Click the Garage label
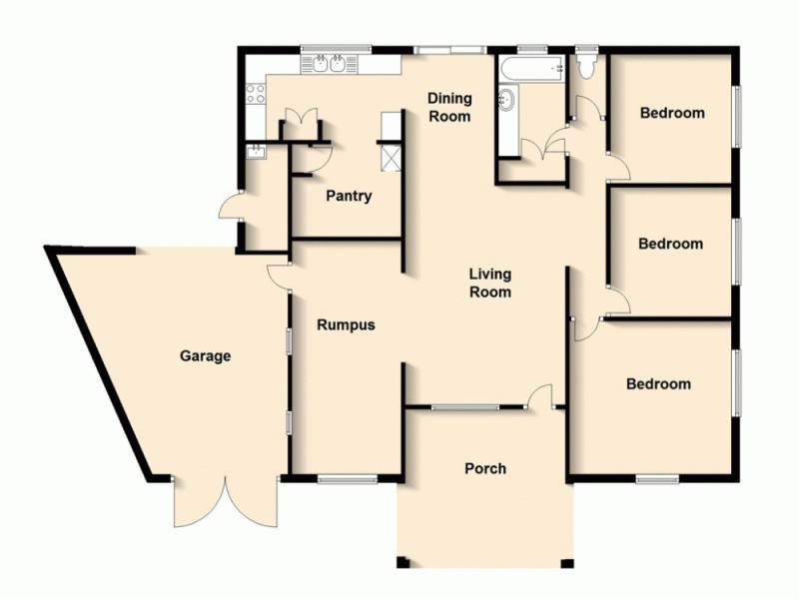(x=205, y=355)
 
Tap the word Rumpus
(x=346, y=324)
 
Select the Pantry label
(x=349, y=196)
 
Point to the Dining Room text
(x=449, y=107)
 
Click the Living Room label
(x=491, y=283)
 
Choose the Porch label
(x=485, y=468)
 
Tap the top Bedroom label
(x=672, y=113)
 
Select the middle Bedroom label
(x=671, y=244)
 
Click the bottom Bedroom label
(x=658, y=383)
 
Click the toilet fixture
(x=586, y=66)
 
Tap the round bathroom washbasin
(x=507, y=100)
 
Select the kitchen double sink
(x=329, y=66)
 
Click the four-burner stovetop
(x=255, y=96)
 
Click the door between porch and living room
(x=542, y=396)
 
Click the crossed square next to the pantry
(x=390, y=157)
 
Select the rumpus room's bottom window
(x=347, y=480)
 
